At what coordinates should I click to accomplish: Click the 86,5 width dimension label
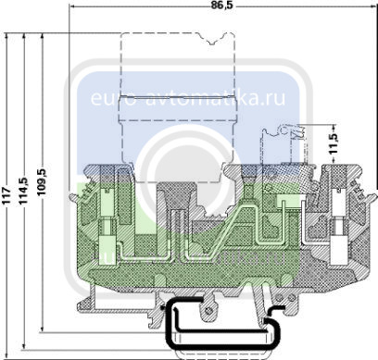222,6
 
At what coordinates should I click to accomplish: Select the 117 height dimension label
6,194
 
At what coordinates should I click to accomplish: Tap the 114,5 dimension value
23,191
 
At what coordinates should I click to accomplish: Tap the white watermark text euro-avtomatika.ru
188,98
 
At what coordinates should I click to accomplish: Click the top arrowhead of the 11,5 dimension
334,128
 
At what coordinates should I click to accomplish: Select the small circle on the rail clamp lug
208,311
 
